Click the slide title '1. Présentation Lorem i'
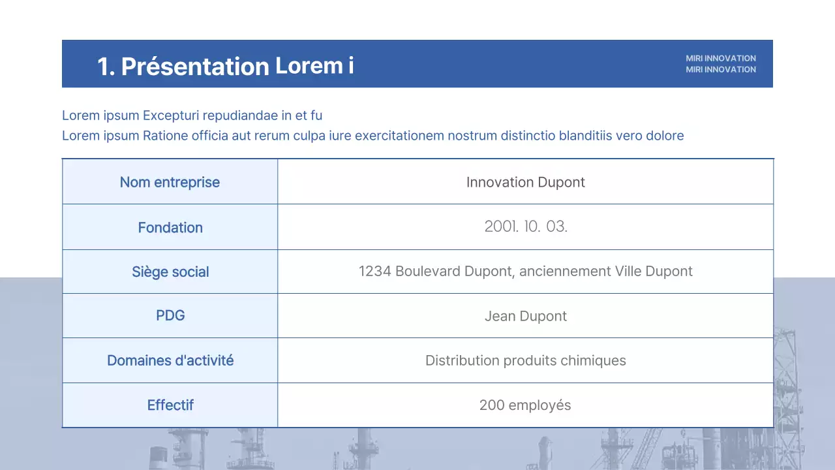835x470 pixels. click(226, 66)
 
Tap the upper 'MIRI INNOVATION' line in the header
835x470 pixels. click(720, 58)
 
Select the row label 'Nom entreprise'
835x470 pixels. click(170, 182)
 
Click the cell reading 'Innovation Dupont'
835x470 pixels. click(525, 182)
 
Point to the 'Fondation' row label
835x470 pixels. click(170, 228)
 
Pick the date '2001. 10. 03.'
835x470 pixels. click(526, 227)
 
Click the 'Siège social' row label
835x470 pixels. click(170, 272)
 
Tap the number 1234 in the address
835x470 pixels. click(374, 271)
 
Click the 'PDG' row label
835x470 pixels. click(170, 316)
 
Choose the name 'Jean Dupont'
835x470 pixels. click(525, 317)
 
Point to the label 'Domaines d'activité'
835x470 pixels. click(170, 360)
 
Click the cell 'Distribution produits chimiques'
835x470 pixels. click(525, 360)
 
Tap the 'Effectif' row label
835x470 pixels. click(170, 405)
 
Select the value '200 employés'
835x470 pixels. click(525, 405)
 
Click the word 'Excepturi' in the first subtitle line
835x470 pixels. click(171, 116)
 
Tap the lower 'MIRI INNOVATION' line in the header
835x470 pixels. click(720, 69)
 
